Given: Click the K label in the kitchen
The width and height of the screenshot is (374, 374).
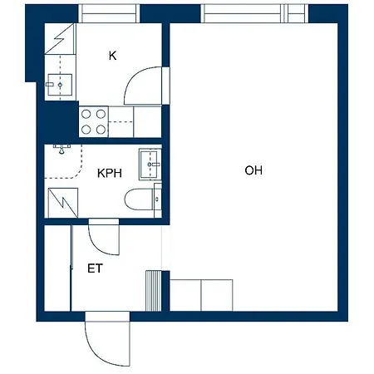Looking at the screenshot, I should pyautogui.click(x=112, y=56).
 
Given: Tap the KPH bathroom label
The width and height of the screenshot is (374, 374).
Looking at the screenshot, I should pyautogui.click(x=109, y=174).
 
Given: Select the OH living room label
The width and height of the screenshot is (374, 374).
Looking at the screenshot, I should pyautogui.click(x=253, y=170).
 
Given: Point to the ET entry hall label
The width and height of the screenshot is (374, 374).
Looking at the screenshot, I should pyautogui.click(x=95, y=268).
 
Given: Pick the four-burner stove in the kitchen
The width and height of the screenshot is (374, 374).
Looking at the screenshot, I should pyautogui.click(x=93, y=121).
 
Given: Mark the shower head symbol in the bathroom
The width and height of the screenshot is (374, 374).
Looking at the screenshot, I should pyautogui.click(x=62, y=150).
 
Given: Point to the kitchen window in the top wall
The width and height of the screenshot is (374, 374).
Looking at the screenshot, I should pyautogui.click(x=108, y=13).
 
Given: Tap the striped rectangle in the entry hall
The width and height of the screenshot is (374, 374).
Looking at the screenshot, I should pyautogui.click(x=152, y=289).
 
